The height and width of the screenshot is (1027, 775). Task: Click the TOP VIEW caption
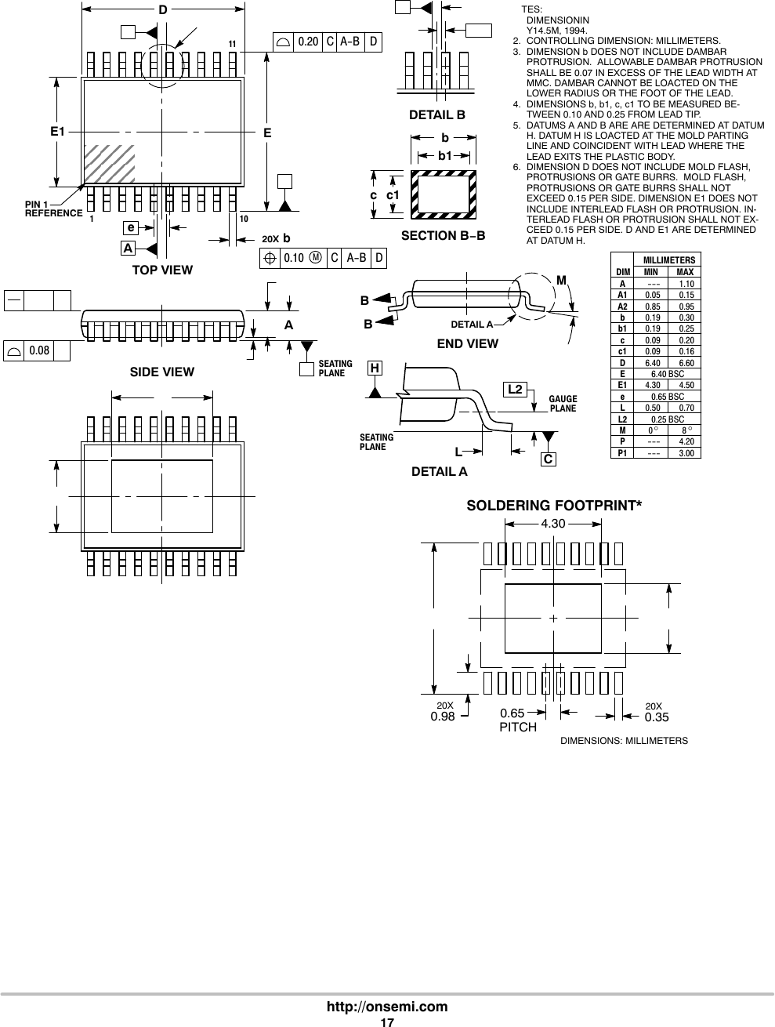pos(163,270)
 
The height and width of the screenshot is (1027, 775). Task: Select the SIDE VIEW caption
pos(162,372)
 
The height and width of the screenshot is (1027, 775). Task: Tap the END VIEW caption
pos(467,344)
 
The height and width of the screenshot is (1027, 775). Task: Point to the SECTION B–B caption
pos(443,236)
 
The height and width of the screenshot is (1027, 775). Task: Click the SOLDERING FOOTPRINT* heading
pos(554,506)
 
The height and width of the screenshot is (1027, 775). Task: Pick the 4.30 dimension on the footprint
pos(553,523)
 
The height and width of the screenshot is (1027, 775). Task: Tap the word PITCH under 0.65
pos(518,728)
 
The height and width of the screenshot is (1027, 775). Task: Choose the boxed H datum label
pos(375,368)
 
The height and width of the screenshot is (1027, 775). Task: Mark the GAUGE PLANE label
pos(563,404)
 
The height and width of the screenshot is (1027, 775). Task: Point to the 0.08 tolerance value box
pos(39,351)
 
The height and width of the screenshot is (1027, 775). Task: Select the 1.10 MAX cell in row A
pos(686,284)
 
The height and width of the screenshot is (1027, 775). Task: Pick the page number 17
pos(387,1022)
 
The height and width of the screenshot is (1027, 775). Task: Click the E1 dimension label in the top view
pos(57,132)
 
